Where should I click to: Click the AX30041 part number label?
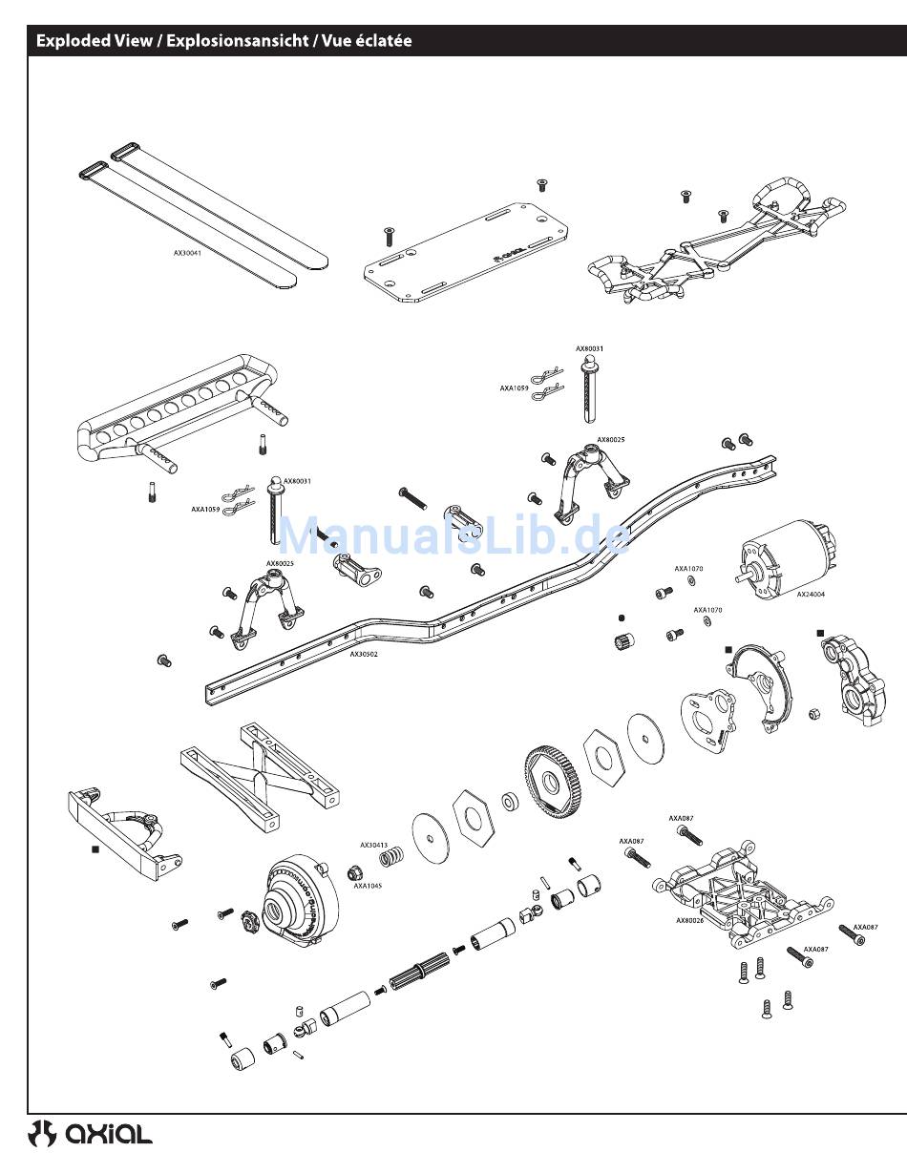[x=187, y=254]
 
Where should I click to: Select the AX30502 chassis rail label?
[x=363, y=655]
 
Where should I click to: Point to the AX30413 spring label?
[x=373, y=845]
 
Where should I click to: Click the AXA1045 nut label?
[x=368, y=887]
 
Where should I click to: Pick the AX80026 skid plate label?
[x=689, y=921]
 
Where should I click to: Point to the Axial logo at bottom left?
[x=91, y=1133]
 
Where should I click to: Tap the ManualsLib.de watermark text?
[x=453, y=536]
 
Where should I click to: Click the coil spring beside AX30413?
[x=390, y=858]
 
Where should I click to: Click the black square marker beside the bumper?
[x=95, y=848]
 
